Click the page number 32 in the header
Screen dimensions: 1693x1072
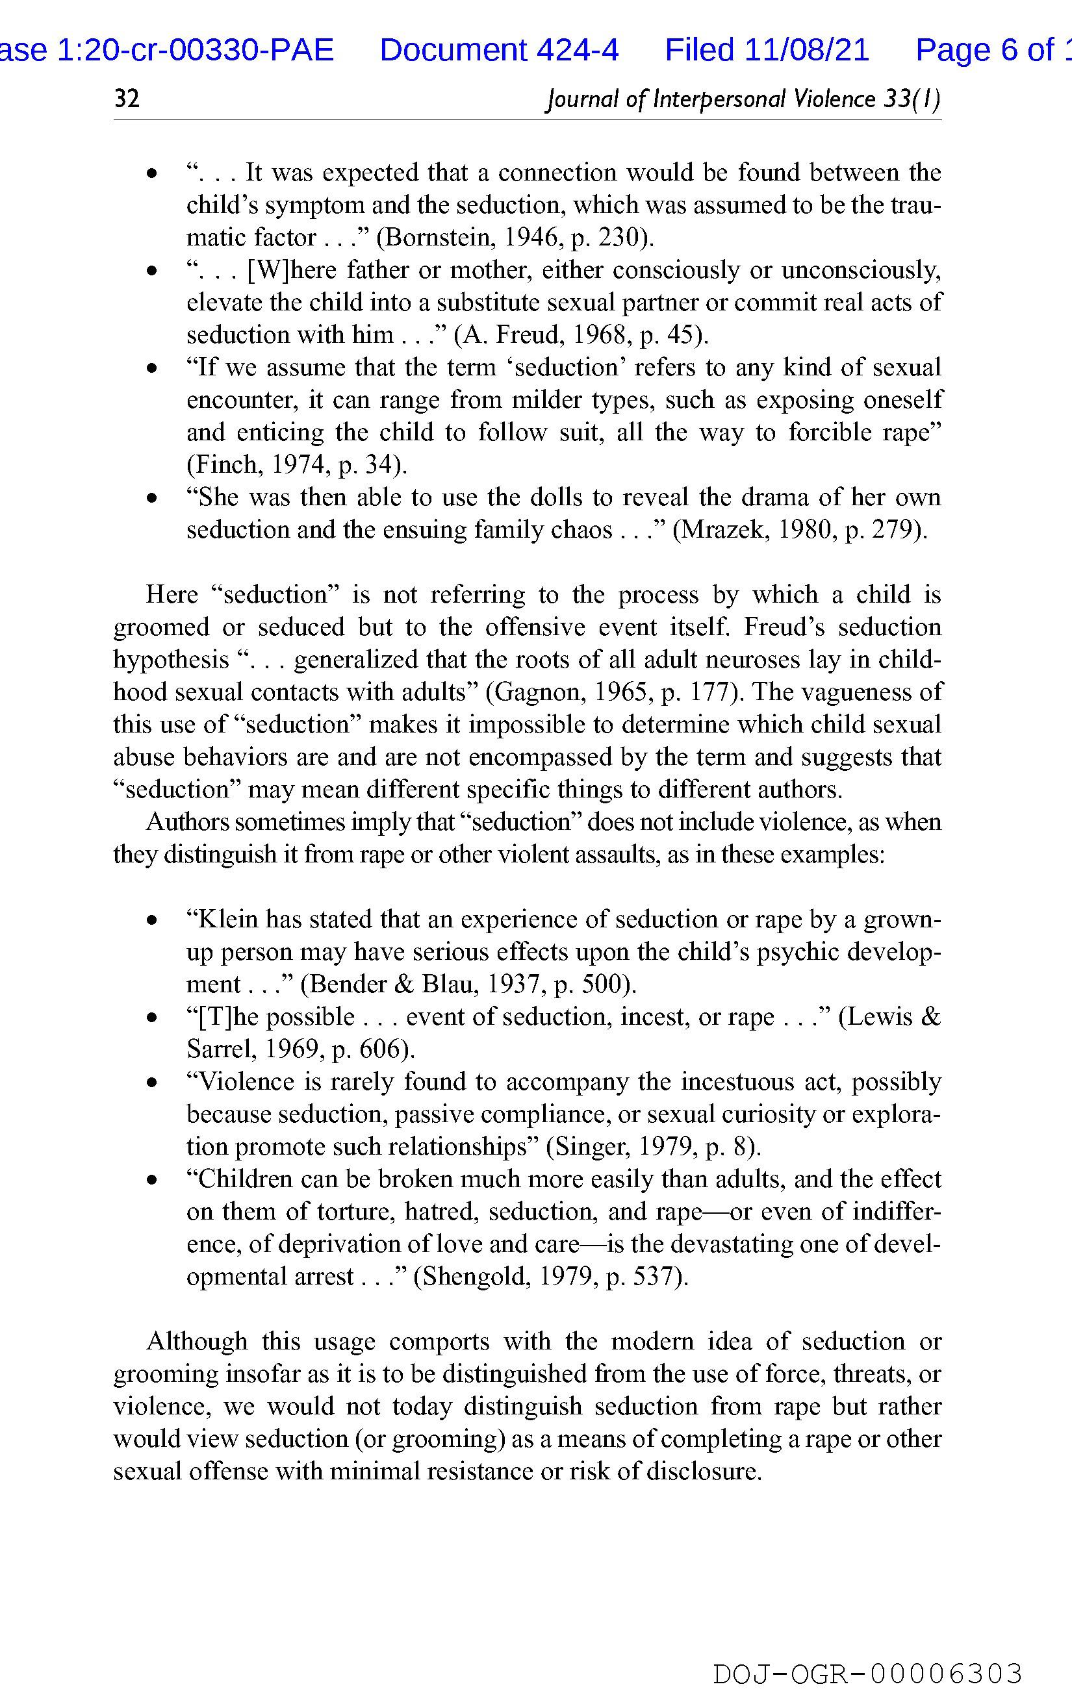pyautogui.click(x=127, y=99)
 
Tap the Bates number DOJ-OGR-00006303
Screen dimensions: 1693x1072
pyautogui.click(x=867, y=1674)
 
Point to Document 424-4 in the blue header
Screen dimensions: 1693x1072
pyautogui.click(x=499, y=50)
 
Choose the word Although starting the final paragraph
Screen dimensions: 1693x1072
pyautogui.click(x=197, y=1341)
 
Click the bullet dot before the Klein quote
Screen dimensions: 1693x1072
pyautogui.click(x=151, y=920)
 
